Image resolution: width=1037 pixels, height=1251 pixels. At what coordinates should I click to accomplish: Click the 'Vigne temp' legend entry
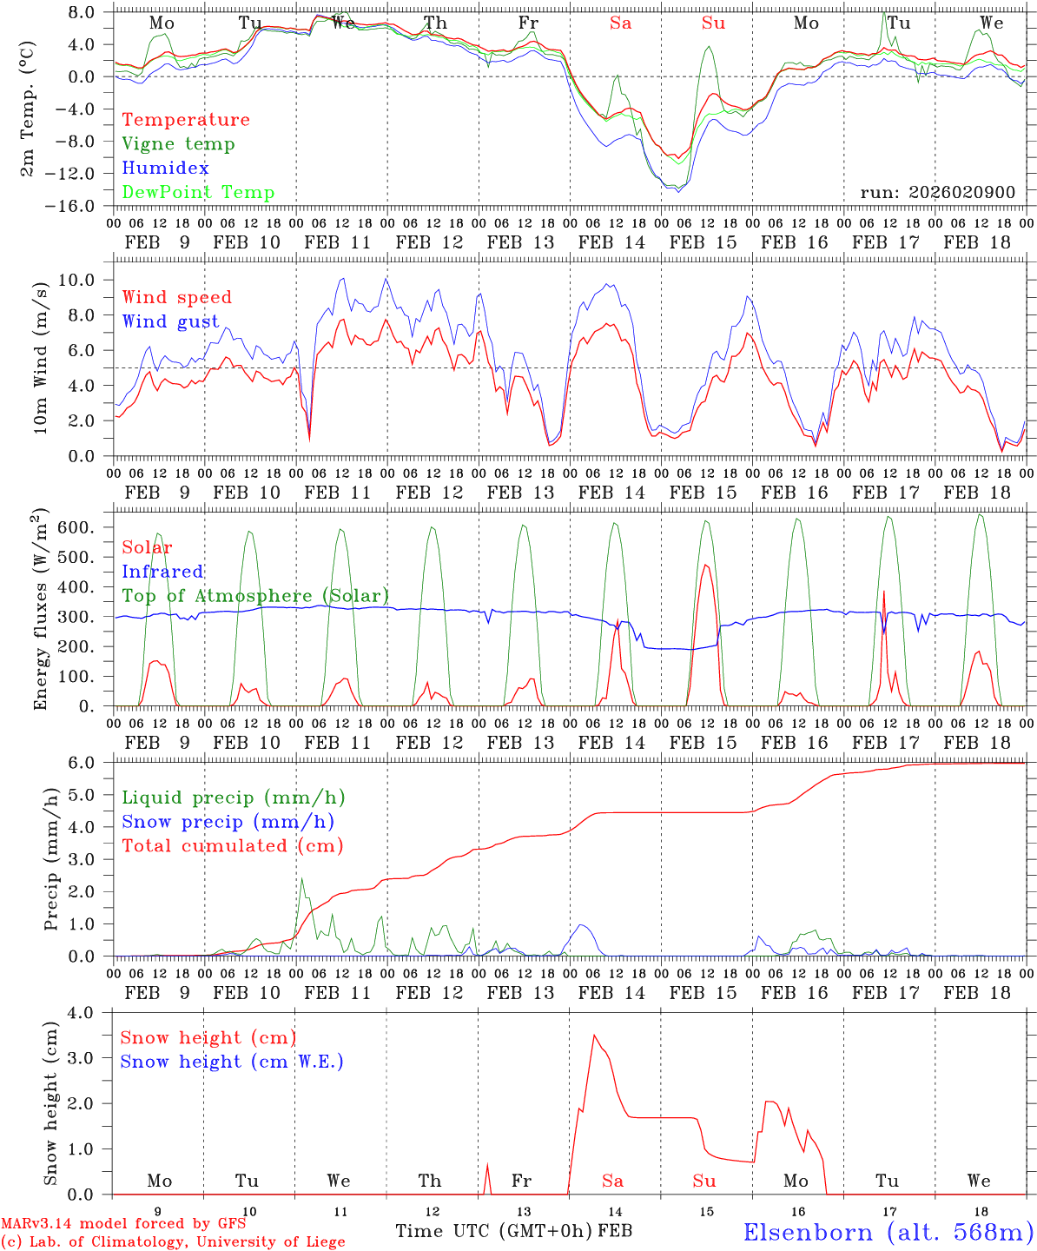coord(178,144)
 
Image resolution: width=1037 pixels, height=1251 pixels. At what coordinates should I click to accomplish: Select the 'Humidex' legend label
coord(165,169)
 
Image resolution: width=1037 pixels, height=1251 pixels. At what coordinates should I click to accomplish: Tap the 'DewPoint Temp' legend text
coord(198,193)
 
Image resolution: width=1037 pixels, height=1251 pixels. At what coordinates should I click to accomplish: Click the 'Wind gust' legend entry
coord(170,321)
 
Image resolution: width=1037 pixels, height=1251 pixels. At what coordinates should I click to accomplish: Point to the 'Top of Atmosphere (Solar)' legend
coord(255,596)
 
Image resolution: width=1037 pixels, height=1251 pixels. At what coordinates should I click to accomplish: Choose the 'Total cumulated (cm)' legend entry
coord(232,846)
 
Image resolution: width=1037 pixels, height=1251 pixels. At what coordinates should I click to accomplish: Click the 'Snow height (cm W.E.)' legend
coord(232,1062)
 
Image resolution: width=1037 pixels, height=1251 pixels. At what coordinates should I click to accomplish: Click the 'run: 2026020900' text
coord(937,193)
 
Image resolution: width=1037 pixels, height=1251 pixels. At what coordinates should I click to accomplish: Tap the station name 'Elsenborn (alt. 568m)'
coord(888,1232)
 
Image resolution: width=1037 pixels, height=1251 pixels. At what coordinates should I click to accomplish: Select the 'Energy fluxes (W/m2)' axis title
coord(41,608)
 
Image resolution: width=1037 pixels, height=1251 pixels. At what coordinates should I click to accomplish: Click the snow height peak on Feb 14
coord(594,1035)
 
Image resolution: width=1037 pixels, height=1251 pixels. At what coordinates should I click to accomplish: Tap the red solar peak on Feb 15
coord(706,566)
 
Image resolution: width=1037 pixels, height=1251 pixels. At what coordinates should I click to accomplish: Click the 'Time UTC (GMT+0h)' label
coord(494,1231)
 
